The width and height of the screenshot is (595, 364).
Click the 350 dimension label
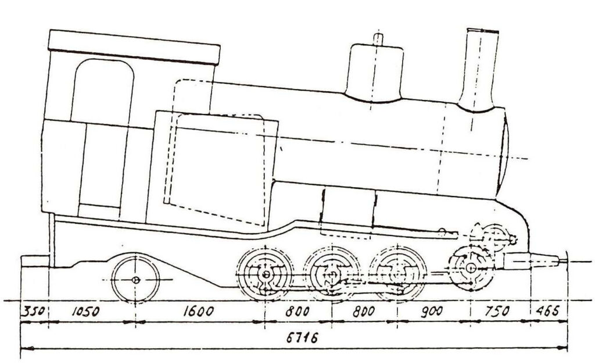[33, 312]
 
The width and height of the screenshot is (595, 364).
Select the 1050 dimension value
[86, 312]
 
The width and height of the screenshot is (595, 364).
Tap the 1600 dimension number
[199, 312]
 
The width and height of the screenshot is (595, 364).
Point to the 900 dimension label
[432, 312]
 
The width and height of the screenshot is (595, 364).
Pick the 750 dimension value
[497, 312]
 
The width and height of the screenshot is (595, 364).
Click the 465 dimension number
[547, 311]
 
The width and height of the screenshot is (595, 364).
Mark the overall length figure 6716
[302, 337]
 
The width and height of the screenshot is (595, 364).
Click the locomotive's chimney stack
[479, 70]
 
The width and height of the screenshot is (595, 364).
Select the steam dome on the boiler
[374, 72]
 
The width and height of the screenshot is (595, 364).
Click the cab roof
[134, 47]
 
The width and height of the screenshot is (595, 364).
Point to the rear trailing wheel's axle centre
[135, 280]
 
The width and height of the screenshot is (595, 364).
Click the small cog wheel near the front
[495, 238]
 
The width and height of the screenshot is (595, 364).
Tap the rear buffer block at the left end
[35, 261]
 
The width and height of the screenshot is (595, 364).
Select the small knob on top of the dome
[378, 39]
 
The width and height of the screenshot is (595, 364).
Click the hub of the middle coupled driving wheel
[332, 274]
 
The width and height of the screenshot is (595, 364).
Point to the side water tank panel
[212, 171]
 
